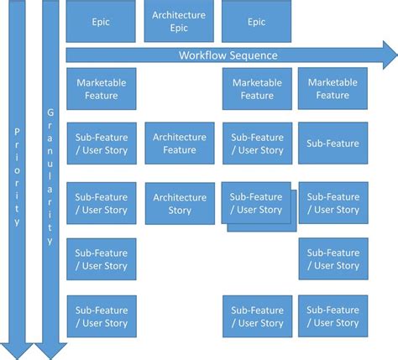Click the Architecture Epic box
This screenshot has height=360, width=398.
point(179,22)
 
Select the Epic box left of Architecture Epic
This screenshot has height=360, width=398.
point(101,22)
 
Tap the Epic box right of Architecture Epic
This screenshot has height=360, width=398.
point(257,22)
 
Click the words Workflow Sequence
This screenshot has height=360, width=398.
point(228,55)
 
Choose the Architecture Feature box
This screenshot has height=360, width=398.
point(179,143)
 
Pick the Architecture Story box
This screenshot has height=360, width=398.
point(179,204)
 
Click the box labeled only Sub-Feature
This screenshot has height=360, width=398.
point(333,143)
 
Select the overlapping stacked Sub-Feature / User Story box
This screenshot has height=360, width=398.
point(256,202)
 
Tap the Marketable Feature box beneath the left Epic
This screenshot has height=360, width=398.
point(101,89)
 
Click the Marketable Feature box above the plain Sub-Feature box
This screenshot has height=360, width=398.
point(333,89)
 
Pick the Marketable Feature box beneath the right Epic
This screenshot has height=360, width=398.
point(257,89)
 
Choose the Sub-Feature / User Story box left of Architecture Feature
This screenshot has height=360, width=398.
point(101,143)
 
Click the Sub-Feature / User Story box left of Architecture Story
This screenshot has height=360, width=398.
point(101,204)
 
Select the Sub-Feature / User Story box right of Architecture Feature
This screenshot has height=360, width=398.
point(257,143)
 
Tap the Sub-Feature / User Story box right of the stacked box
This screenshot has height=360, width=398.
point(333,204)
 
